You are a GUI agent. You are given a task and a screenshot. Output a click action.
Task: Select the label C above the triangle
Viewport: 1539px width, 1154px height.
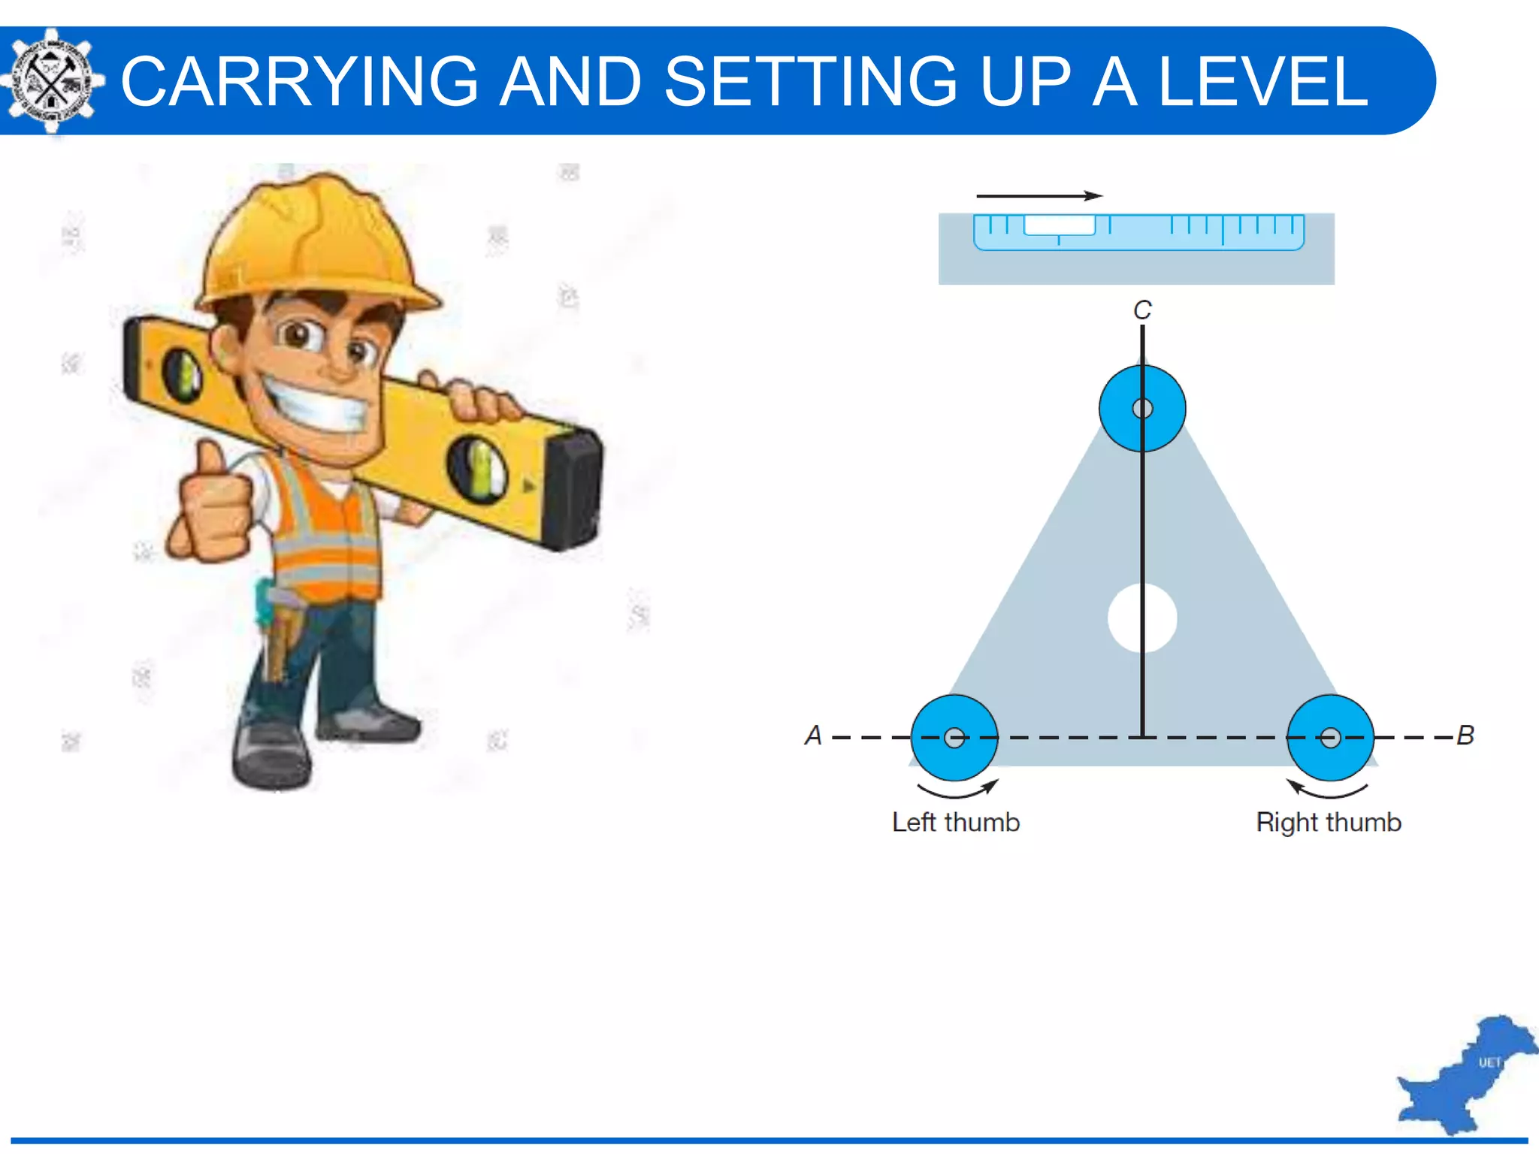click(1142, 310)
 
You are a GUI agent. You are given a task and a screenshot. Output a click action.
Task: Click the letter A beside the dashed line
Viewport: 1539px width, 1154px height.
click(813, 735)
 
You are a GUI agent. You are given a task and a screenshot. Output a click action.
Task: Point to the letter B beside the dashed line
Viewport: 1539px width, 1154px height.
click(1465, 735)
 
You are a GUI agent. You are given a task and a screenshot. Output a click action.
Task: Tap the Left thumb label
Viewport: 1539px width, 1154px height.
click(955, 822)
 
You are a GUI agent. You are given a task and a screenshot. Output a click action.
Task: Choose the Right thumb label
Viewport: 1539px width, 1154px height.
click(1329, 822)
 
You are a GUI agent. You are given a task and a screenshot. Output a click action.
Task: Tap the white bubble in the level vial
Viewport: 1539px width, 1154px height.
click(1060, 225)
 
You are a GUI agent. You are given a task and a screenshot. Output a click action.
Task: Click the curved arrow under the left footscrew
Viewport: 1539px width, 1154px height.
click(957, 790)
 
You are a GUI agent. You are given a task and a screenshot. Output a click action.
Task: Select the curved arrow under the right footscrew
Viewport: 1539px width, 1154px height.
click(1327, 790)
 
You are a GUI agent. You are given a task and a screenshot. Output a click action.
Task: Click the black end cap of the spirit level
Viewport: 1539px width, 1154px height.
click(574, 488)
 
